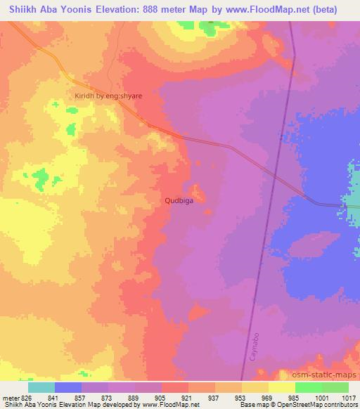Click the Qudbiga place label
tap(179, 200)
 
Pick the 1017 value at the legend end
tap(347, 397)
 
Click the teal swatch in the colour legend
tap(41, 387)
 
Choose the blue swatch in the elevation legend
tap(68, 387)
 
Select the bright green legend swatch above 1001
tap(308, 387)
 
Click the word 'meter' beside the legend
tap(10, 397)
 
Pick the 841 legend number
tap(54, 397)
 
